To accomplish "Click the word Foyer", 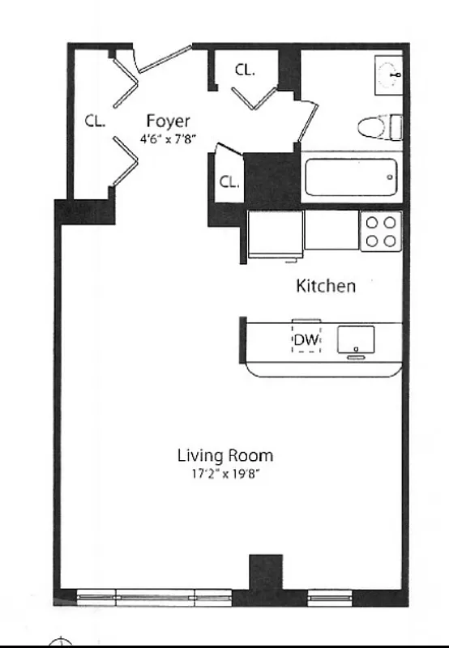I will pyautogui.click(x=168, y=122).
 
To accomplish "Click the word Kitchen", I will pyautogui.click(x=325, y=286).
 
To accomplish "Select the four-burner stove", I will pyautogui.click(x=380, y=231).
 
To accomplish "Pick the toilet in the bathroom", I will pyautogui.click(x=380, y=126).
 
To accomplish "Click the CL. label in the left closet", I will pyautogui.click(x=96, y=122).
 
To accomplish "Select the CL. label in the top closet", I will pyautogui.click(x=245, y=70).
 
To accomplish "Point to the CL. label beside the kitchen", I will pyautogui.click(x=229, y=182).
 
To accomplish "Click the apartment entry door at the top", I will pyautogui.click(x=165, y=58).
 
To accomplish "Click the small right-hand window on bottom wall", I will pyautogui.click(x=329, y=599).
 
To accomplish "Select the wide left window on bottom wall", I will pyautogui.click(x=154, y=599).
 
